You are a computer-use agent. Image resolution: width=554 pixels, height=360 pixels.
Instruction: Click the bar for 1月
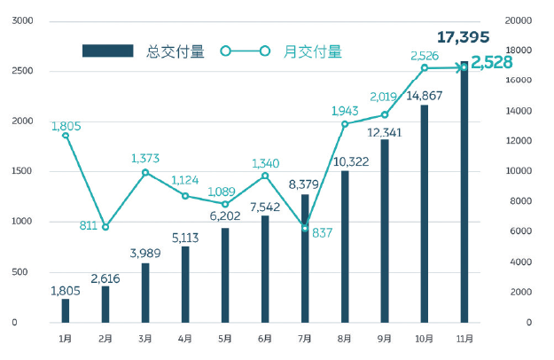pyautogui.click(x=66, y=310)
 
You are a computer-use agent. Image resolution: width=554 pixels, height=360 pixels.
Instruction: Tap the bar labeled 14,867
pyautogui.click(x=425, y=214)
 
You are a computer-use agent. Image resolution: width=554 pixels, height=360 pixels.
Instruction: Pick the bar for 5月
pyautogui.click(x=225, y=275)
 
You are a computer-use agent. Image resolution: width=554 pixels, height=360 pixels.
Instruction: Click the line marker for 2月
pyautogui.click(x=105, y=227)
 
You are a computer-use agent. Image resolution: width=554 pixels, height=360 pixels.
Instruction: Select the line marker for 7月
pyautogui.click(x=305, y=229)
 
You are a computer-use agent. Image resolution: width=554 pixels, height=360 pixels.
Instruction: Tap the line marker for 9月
pyautogui.click(x=385, y=114)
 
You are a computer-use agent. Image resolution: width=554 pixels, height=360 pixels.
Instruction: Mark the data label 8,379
pyautogui.click(x=305, y=184)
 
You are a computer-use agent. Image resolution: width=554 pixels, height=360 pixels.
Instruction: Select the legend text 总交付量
pyautogui.click(x=175, y=51)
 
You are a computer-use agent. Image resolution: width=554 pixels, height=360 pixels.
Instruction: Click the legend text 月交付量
pyautogui.click(x=312, y=51)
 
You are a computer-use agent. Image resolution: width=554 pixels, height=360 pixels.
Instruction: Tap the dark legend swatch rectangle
pyautogui.click(x=107, y=51)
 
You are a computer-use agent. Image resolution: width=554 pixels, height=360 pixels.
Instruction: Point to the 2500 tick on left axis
pyautogui.click(x=22, y=71)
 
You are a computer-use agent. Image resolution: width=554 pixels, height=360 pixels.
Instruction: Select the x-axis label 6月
pyautogui.click(x=264, y=338)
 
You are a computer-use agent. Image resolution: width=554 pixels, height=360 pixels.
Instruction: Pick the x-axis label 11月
pyautogui.click(x=464, y=338)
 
